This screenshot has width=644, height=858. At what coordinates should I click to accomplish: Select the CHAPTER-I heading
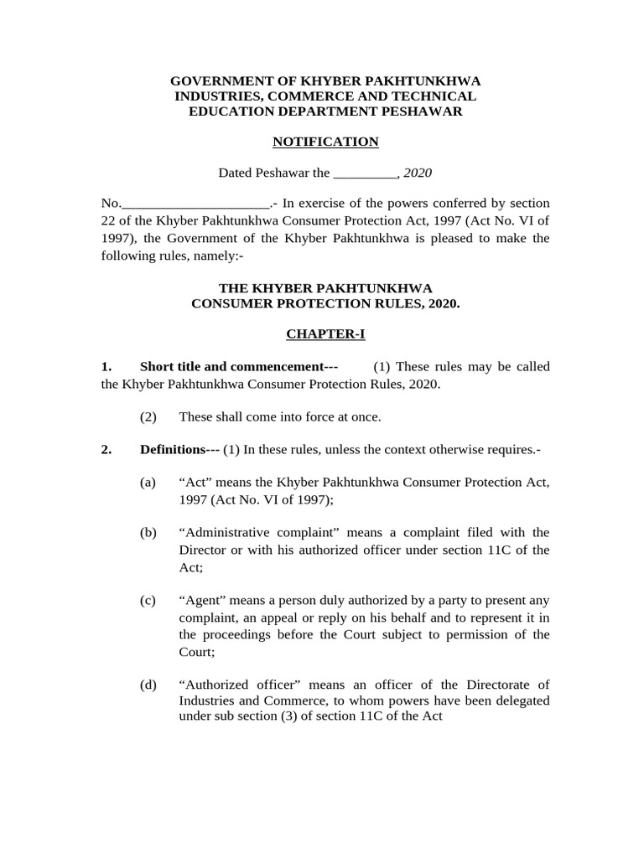click(x=325, y=334)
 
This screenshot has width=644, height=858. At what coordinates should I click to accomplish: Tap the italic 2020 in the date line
click(x=418, y=173)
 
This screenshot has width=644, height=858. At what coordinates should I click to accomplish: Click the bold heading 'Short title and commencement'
click(x=231, y=367)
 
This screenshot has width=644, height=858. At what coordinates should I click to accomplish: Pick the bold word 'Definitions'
click(x=173, y=450)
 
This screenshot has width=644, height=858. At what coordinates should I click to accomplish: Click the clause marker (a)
click(x=148, y=483)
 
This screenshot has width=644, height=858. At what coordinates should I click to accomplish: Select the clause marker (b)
click(x=148, y=533)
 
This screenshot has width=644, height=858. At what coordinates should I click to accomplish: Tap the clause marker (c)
click(x=148, y=601)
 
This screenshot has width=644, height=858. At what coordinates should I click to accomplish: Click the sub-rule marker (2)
click(x=148, y=417)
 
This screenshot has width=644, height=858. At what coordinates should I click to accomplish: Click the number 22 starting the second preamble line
click(x=108, y=220)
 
